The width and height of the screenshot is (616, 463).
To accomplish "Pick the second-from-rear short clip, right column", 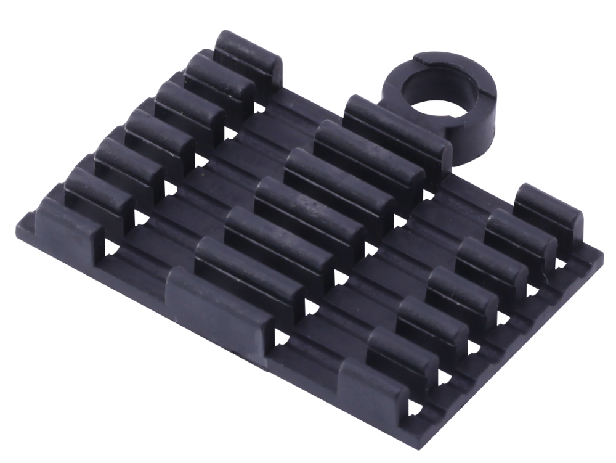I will tap(521, 231).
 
